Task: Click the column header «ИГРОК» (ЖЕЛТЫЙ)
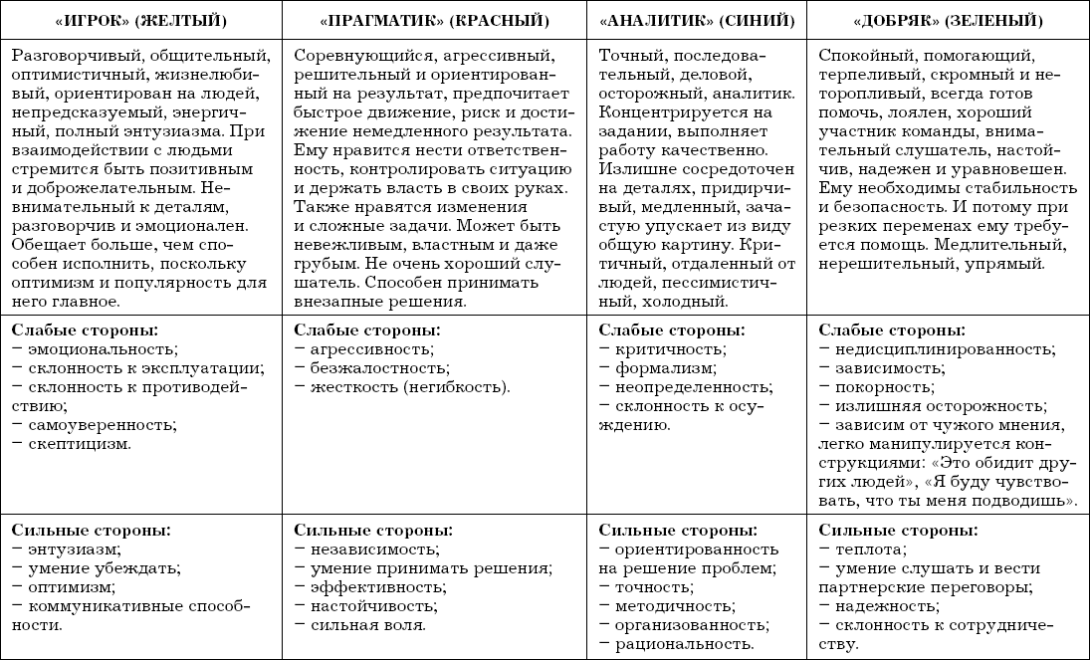[x=140, y=19]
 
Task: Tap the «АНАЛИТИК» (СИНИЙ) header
[x=696, y=19]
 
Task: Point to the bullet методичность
[x=674, y=606]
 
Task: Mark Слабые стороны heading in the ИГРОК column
[x=86, y=330]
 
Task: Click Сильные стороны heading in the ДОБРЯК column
[x=897, y=530]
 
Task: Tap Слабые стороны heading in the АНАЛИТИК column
[x=672, y=330]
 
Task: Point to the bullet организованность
[x=691, y=625]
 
